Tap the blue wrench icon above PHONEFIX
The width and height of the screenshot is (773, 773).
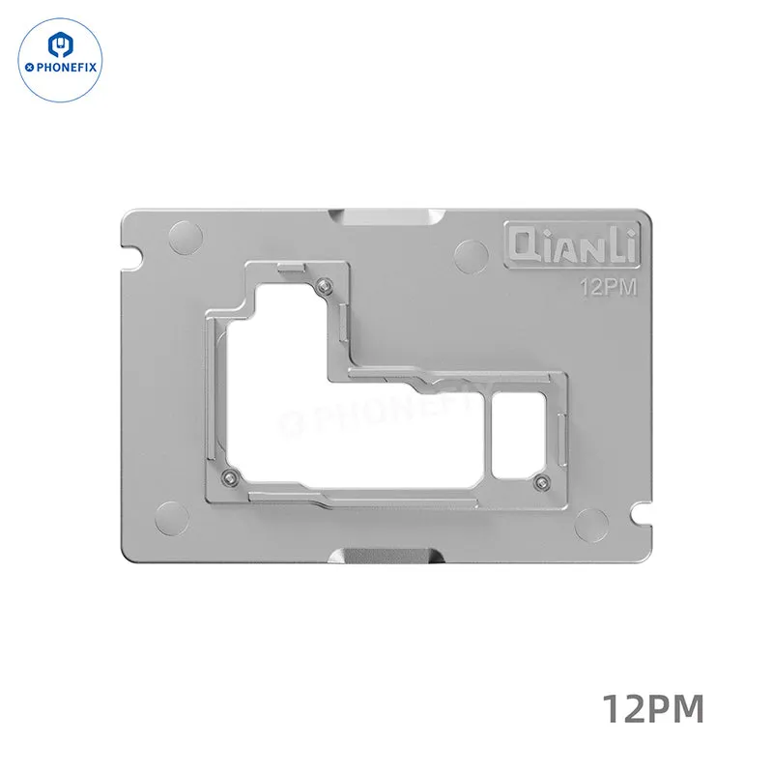pyautogui.click(x=60, y=43)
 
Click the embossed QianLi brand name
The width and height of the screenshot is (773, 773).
pyautogui.click(x=572, y=245)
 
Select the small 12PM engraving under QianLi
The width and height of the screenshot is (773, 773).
pyautogui.click(x=609, y=287)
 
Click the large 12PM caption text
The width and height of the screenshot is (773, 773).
pyautogui.click(x=653, y=708)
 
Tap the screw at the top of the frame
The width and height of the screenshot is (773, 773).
pyautogui.click(x=324, y=285)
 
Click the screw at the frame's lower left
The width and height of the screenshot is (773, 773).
pyautogui.click(x=230, y=475)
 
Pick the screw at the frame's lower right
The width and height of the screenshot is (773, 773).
pyautogui.click(x=541, y=482)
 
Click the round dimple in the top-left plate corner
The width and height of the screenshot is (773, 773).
pyautogui.click(x=186, y=238)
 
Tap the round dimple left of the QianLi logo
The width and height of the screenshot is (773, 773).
pyautogui.click(x=472, y=256)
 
